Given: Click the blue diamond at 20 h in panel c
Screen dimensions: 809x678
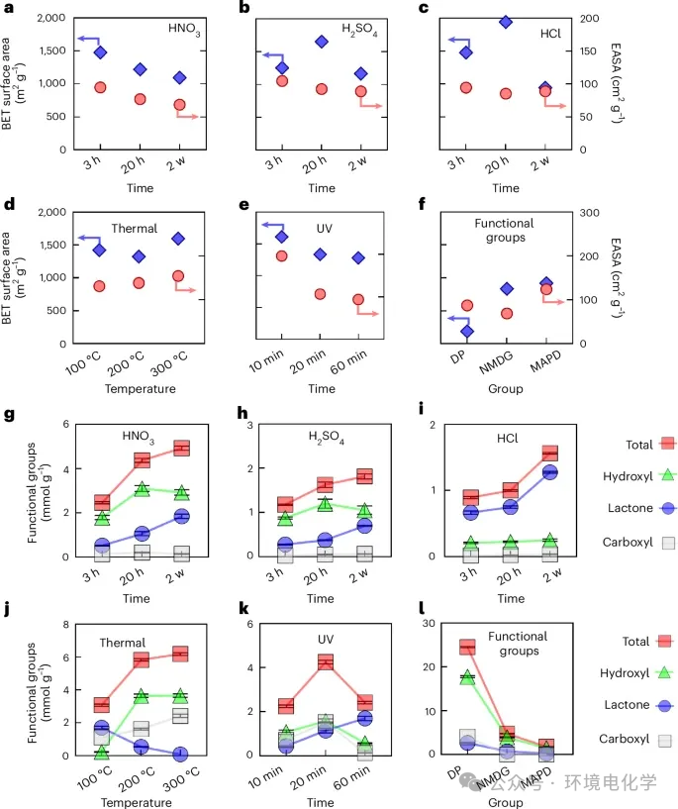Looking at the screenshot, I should (505, 22).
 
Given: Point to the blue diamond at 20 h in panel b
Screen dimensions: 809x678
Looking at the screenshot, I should (322, 42).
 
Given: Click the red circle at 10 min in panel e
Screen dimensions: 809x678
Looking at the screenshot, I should (282, 256).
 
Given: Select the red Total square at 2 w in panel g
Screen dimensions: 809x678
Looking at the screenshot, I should (180, 449).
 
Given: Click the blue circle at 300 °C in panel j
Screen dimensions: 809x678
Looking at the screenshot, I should (180, 755).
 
